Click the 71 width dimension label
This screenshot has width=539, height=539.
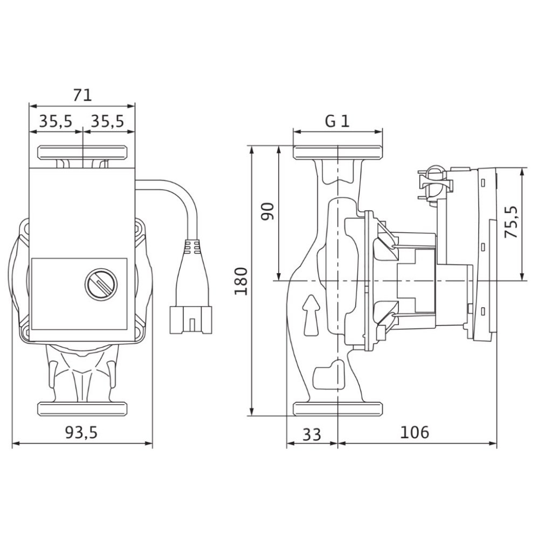click(x=82, y=95)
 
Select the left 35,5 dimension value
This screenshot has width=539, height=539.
click(x=56, y=121)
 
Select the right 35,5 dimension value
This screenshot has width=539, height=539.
click(x=107, y=121)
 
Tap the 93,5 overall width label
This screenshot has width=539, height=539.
click(x=81, y=432)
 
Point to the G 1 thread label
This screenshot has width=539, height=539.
click(x=337, y=121)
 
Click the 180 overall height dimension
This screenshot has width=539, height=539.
click(x=241, y=281)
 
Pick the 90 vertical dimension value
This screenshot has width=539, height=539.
click(x=268, y=211)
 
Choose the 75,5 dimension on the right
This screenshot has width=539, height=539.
click(x=510, y=222)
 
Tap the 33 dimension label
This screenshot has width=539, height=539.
click(x=312, y=434)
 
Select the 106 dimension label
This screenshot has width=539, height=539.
click(x=414, y=432)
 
